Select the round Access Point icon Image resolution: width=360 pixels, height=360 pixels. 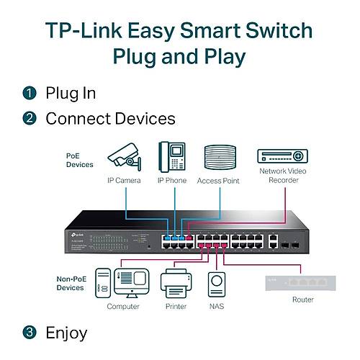(220, 156)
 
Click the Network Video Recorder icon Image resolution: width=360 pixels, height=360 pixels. (282, 156)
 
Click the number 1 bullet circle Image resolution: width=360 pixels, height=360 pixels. (29, 93)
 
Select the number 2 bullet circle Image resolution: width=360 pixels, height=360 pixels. (29, 119)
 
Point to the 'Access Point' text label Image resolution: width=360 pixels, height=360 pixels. (219, 181)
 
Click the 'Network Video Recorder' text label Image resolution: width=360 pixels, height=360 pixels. (282, 175)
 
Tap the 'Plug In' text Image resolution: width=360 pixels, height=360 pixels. (71, 93)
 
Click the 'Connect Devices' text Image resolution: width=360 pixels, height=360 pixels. (110, 119)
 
